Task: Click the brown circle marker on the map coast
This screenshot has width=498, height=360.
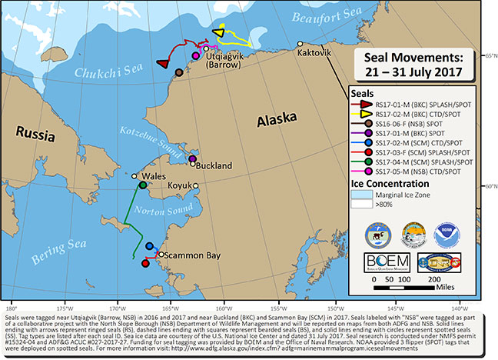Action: pyautogui.click(x=179, y=73)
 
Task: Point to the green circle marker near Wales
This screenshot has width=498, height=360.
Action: pyautogui.click(x=143, y=185)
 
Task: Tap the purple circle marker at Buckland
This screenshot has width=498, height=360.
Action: pyautogui.click(x=192, y=158)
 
